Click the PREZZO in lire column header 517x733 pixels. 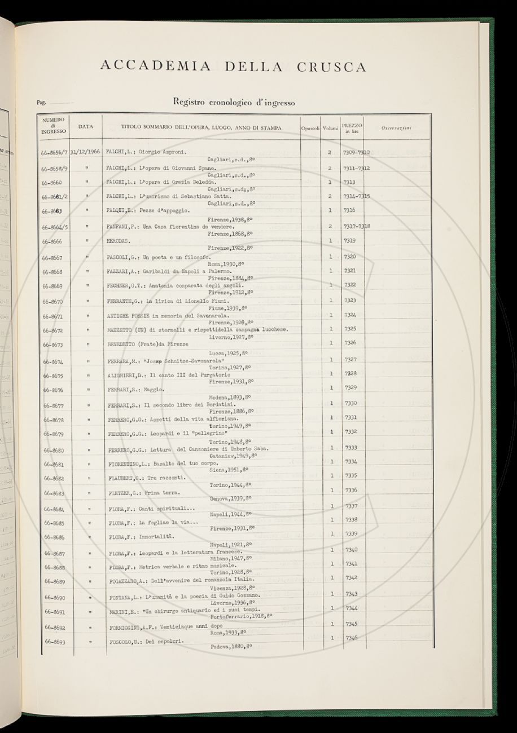click(x=352, y=127)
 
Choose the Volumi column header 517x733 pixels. click(x=330, y=128)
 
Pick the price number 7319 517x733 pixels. click(x=350, y=240)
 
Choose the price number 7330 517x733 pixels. click(x=351, y=403)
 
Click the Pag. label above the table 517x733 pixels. click(x=41, y=103)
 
